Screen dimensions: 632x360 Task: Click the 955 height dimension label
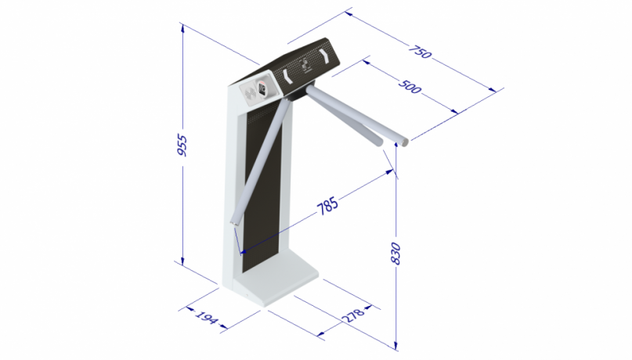pos(182,146)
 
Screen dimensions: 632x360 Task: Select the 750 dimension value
pos(421,52)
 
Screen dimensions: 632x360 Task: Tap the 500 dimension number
pos(410,87)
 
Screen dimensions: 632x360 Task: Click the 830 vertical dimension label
pos(395,254)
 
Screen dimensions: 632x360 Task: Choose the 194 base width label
pos(207,318)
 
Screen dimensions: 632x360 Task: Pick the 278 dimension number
pos(353,314)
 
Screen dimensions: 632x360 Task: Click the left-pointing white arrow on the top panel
pos(287,76)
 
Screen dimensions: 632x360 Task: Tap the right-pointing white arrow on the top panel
pos(324,56)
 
